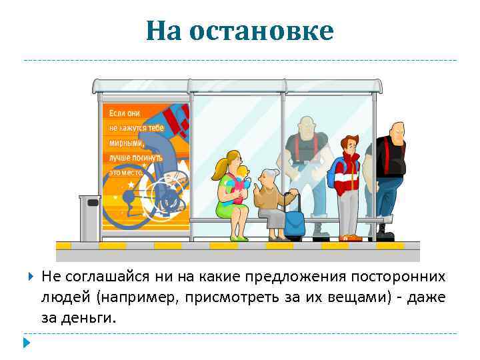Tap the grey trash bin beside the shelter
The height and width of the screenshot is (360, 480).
click(90, 217)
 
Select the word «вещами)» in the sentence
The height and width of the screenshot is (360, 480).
click(361, 297)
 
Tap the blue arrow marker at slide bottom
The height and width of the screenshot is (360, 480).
click(26, 343)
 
